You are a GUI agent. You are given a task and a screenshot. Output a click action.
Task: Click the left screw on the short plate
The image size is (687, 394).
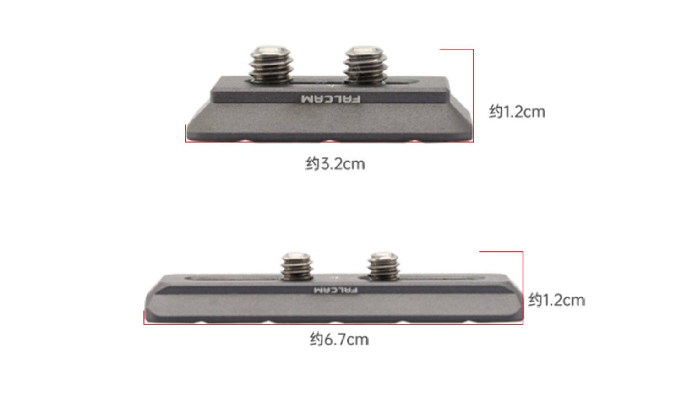pos(271,65)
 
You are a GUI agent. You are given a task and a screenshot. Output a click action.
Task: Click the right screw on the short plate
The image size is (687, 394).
pos(365,65)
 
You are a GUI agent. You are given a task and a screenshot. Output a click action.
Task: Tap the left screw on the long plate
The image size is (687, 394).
pos(297,266)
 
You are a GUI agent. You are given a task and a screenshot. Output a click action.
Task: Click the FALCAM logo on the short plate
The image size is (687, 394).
pos(331,99)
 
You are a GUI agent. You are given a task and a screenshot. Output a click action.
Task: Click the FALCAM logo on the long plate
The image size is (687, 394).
pos(336,290)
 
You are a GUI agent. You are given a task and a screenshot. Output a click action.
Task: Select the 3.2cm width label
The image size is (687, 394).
pos(335,164)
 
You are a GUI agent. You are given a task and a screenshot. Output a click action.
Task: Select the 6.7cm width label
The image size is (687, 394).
pos(339,340)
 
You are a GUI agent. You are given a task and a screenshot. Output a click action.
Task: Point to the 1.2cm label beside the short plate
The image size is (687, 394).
pos(517,112)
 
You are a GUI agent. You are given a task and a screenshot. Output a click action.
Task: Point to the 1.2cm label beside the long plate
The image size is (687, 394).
pos(556,300)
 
